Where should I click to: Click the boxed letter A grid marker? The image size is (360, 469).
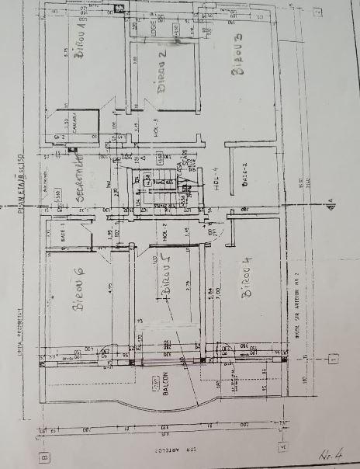coord(283,447)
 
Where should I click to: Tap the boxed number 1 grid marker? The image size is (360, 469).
coord(334,358)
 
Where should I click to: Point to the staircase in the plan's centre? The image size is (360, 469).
coord(159,186)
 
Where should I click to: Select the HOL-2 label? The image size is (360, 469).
coord(164,230)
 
